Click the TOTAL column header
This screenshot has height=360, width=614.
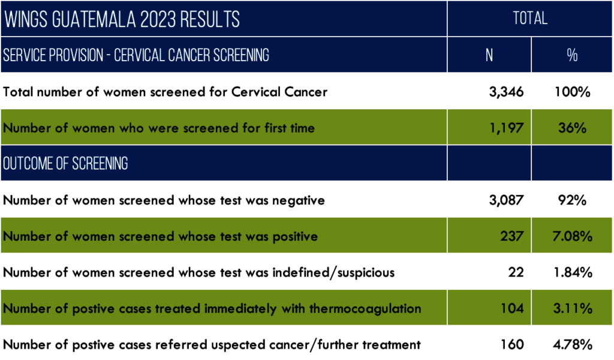530,19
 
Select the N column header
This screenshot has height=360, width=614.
489,55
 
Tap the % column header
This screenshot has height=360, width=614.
572,55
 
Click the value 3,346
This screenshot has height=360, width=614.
506,92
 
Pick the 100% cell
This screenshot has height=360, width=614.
572,92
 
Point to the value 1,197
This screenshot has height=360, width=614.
506,128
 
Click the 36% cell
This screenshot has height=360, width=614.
572,128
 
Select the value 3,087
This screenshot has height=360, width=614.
506,200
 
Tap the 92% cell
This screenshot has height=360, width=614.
572,200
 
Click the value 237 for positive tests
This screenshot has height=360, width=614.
512,236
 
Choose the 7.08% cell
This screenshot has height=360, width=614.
572,236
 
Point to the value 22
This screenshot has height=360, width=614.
516,272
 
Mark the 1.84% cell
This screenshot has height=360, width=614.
573,272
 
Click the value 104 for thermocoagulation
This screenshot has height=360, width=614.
512,308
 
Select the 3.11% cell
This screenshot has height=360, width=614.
573,308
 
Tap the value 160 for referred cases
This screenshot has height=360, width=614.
512,344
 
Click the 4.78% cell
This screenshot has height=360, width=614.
573,344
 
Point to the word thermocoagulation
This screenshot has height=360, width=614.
365,308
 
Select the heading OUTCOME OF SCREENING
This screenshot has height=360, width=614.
65,164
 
